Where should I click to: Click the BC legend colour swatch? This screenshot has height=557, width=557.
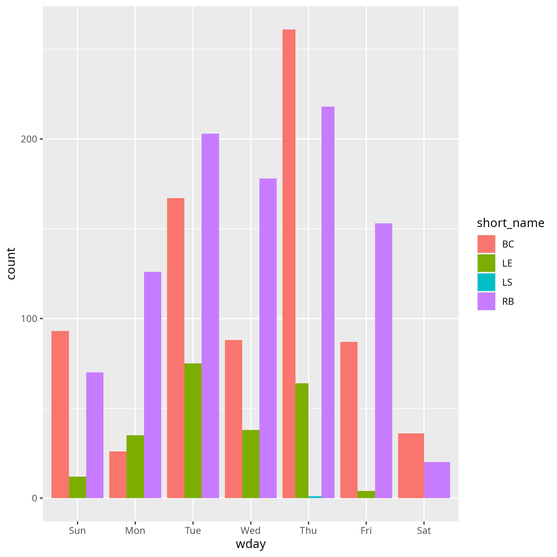(x=486, y=244)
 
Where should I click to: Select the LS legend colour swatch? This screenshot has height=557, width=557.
(x=486, y=282)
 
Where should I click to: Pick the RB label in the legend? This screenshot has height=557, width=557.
(x=508, y=302)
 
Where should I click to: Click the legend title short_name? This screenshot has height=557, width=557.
(x=511, y=223)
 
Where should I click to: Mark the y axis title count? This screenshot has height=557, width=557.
(x=11, y=264)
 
